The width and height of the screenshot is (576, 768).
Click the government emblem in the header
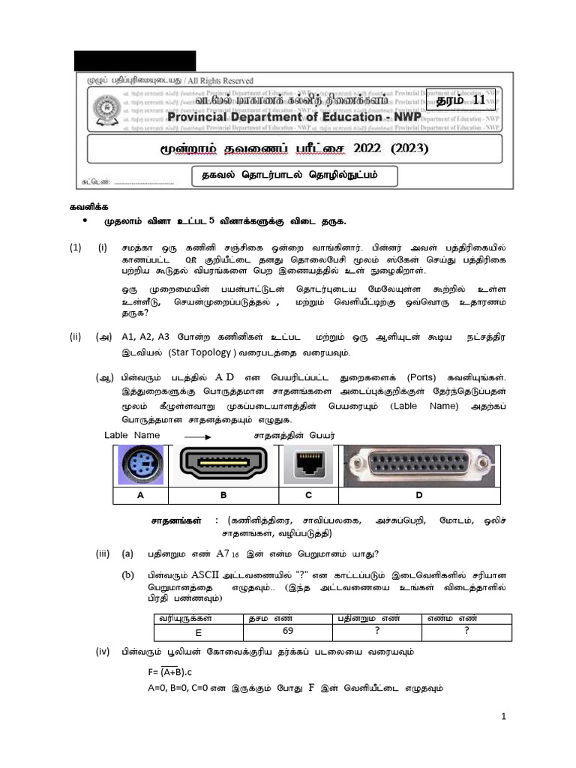point(104,109)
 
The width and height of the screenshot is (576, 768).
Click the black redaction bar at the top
point(134,60)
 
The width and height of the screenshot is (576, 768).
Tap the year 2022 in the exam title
point(363,148)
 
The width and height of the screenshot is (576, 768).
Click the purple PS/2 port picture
point(140,464)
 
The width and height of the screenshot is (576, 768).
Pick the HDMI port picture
point(223,464)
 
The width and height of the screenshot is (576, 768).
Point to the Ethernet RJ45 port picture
point(308,465)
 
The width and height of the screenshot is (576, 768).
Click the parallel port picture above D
point(418,465)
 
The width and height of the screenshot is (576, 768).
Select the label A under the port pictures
point(140,495)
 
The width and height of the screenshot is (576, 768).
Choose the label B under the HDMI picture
point(223,495)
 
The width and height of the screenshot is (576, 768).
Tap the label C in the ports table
point(308,495)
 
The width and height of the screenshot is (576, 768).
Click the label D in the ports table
point(418,495)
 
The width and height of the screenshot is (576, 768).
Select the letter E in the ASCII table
point(198,633)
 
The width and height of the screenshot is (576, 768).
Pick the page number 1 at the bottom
point(505,717)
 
